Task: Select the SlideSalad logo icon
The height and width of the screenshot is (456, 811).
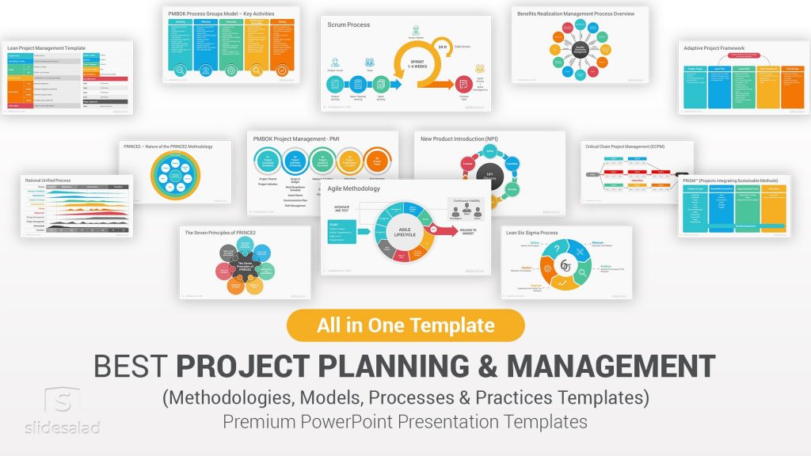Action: [63, 402]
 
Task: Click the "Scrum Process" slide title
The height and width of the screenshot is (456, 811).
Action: [349, 25]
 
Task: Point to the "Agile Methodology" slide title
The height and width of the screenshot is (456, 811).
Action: [354, 189]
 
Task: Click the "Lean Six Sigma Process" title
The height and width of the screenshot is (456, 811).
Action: [531, 233]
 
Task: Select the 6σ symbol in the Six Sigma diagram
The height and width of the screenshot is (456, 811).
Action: [566, 265]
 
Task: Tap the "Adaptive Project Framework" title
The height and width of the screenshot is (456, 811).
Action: [714, 48]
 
